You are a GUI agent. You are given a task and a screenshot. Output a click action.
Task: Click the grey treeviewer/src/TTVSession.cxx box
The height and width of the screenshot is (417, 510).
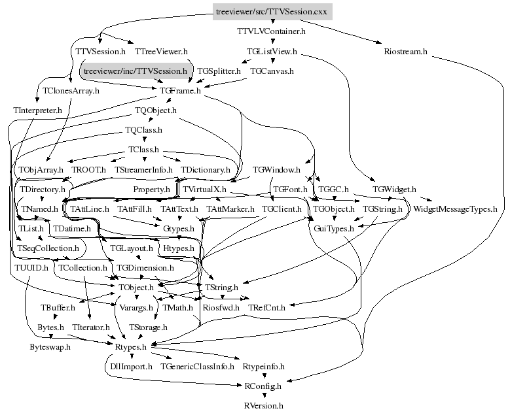[272, 12]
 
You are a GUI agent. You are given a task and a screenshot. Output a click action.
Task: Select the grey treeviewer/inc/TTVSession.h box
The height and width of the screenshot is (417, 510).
[136, 70]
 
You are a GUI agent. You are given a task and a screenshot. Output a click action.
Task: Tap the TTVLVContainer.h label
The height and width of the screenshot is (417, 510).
[271, 31]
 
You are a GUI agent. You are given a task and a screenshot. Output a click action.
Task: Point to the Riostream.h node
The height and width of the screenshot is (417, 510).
[406, 51]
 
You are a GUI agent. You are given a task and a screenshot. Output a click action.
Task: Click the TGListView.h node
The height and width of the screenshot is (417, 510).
[272, 51]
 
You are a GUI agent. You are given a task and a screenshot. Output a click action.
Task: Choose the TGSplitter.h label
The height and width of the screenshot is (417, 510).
[219, 71]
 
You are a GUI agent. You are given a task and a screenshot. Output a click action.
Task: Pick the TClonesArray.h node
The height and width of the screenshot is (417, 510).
[71, 91]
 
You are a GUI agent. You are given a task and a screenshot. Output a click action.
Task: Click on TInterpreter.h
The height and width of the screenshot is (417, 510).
[37, 110]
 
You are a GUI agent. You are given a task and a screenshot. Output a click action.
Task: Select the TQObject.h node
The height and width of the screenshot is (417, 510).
[156, 110]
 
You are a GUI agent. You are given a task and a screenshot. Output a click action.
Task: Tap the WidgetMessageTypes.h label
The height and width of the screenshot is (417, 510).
[456, 210]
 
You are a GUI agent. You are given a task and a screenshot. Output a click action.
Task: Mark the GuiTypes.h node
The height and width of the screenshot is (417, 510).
[334, 229]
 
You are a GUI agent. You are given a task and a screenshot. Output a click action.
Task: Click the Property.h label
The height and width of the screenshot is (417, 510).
[151, 190]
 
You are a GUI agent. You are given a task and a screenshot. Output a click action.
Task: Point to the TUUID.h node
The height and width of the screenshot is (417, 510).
[30, 268]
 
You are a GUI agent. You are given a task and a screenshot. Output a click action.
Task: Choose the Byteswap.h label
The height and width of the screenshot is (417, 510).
[50, 347]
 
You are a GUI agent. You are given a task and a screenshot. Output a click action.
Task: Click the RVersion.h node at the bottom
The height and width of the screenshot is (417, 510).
[263, 406]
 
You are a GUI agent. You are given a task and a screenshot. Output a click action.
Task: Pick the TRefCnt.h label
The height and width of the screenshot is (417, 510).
[266, 307]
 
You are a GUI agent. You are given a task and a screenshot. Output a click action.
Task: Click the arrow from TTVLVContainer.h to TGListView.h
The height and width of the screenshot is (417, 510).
[272, 41]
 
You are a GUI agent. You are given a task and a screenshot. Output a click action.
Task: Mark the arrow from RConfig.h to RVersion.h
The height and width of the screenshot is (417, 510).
[263, 396]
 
